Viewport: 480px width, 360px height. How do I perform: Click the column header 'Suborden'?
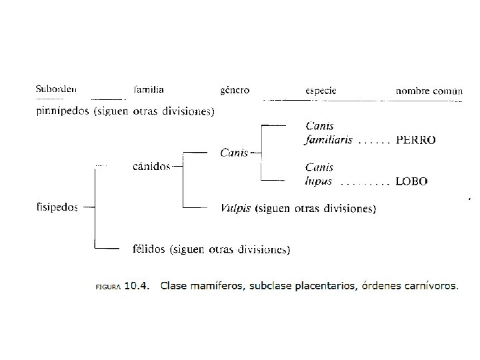point(56,89)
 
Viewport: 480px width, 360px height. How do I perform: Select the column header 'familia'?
point(149,89)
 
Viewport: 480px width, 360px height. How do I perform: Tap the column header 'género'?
point(235,90)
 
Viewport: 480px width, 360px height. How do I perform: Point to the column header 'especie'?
point(320,90)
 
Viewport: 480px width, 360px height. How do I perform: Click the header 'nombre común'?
point(429,90)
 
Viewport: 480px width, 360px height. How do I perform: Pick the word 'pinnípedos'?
point(62,112)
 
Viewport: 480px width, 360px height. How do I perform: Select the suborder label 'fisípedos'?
point(57,207)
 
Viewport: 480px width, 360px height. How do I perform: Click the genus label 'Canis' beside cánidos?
point(233,153)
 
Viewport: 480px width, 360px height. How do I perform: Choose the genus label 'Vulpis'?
point(235,208)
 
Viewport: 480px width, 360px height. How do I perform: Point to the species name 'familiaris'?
point(329,141)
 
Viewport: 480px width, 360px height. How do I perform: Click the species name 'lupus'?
point(319,181)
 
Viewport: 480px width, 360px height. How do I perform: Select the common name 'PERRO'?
point(415,141)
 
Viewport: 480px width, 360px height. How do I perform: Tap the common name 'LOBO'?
point(411,181)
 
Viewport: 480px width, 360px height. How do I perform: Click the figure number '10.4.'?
point(139,286)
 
